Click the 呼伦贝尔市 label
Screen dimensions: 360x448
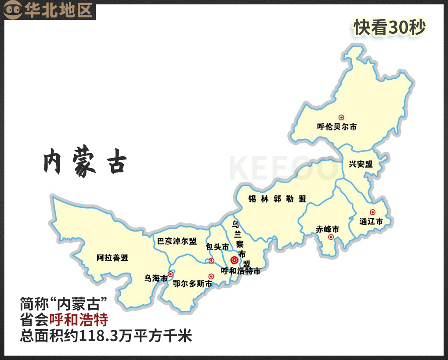tap(337, 127)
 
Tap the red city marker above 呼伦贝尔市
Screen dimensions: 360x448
tap(341, 117)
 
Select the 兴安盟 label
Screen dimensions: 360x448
tap(361, 164)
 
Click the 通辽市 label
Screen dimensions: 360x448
tap(371, 221)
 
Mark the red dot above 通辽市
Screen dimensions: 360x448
tap(372, 212)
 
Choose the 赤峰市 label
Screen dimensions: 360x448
tap(328, 229)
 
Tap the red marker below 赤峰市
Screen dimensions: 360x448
tap(331, 238)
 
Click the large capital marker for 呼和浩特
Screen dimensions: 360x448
tap(234, 260)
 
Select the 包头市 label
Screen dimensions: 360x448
tap(217, 247)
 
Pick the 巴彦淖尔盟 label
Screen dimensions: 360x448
tap(177, 241)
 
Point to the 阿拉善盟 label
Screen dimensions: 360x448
tap(112, 258)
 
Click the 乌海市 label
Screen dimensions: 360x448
tap(156, 278)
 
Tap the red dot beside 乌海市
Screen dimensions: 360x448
tap(171, 274)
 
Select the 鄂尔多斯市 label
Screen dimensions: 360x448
tap(192, 284)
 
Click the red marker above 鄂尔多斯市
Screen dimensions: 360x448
tap(211, 276)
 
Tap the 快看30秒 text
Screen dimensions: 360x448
tap(390, 28)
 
